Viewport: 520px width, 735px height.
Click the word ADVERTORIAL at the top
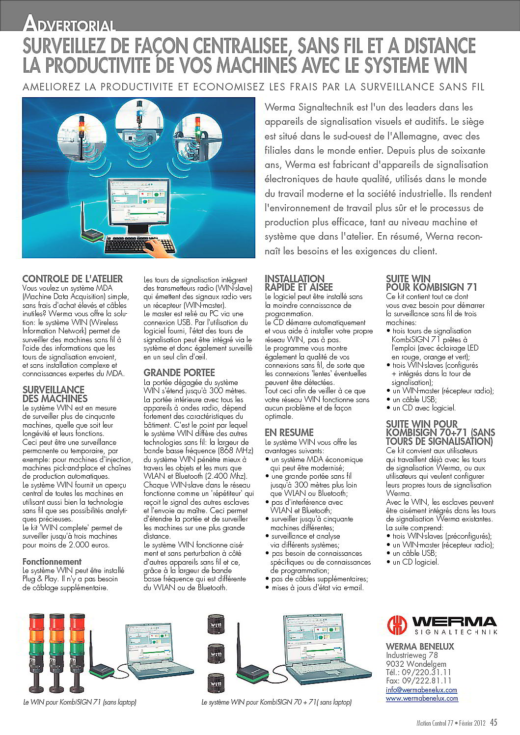pyautogui.click(x=69, y=24)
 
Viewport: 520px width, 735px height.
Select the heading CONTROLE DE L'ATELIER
pyautogui.click(x=73, y=279)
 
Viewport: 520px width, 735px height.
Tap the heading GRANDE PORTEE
pyautogui.click(x=179, y=373)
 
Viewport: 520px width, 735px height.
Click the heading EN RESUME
pyautogui.click(x=289, y=433)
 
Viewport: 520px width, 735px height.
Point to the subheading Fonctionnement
pyautogui.click(x=52, y=561)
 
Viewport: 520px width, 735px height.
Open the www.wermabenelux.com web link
pyautogui.click(x=422, y=698)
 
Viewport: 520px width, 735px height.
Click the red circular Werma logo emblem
pyautogui.click(x=397, y=625)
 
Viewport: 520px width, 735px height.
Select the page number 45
pyautogui.click(x=493, y=722)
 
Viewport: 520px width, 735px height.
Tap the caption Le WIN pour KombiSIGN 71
pyautogui.click(x=80, y=702)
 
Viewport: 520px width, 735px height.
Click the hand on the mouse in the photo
pyautogui.click(x=158, y=245)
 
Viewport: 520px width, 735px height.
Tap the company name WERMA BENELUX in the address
pyautogui.click(x=420, y=646)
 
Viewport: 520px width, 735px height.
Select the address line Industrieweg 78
pyautogui.click(x=411, y=655)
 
